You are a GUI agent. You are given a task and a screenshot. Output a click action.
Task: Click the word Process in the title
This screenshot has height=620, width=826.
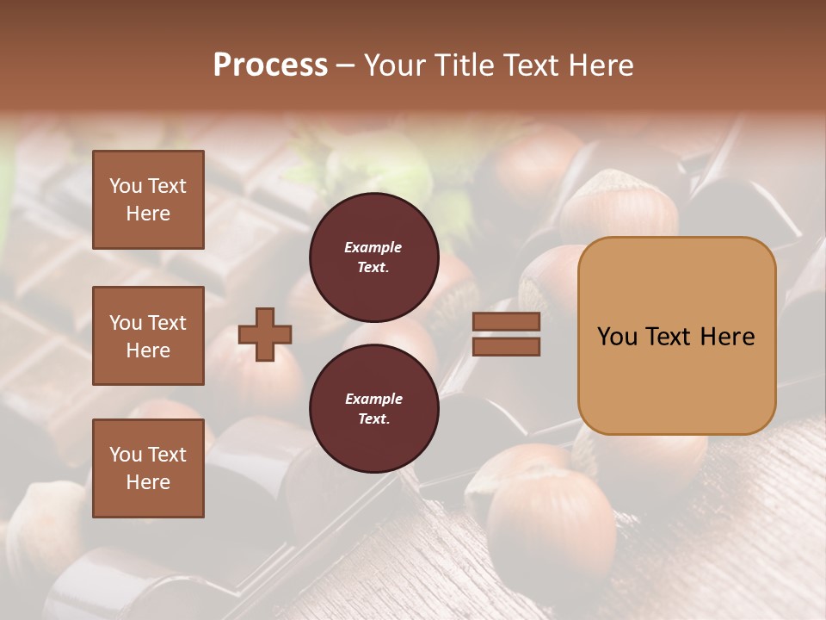click(x=270, y=65)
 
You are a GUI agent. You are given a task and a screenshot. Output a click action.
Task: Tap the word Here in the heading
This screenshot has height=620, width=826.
click(x=599, y=65)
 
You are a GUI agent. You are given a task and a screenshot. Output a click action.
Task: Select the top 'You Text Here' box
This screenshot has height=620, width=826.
click(x=148, y=200)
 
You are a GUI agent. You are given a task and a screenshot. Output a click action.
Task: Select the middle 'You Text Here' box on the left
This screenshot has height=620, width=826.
click(x=148, y=336)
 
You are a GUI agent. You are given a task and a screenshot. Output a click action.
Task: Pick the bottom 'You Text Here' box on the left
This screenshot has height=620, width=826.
click(x=148, y=468)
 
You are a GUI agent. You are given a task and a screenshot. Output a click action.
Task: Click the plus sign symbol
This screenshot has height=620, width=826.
click(x=265, y=334)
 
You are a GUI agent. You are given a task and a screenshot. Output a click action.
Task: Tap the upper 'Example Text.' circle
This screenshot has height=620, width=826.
click(x=373, y=257)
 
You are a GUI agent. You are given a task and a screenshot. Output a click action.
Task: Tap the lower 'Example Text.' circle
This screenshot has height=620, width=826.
click(x=373, y=409)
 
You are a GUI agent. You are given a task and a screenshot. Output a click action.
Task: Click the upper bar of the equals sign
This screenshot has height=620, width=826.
click(x=506, y=321)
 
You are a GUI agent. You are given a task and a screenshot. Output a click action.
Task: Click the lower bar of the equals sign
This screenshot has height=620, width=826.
click(x=506, y=346)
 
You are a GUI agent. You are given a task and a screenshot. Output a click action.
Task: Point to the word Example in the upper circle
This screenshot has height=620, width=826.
click(x=373, y=247)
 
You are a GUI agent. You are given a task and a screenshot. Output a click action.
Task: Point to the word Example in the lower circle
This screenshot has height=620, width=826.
click(x=373, y=399)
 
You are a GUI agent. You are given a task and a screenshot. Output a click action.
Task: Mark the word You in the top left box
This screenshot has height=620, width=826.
click(x=126, y=186)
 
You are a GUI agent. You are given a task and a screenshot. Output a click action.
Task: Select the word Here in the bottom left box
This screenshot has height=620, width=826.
click(x=148, y=482)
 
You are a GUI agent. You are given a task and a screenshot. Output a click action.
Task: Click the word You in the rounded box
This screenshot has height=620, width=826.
click(x=618, y=337)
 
